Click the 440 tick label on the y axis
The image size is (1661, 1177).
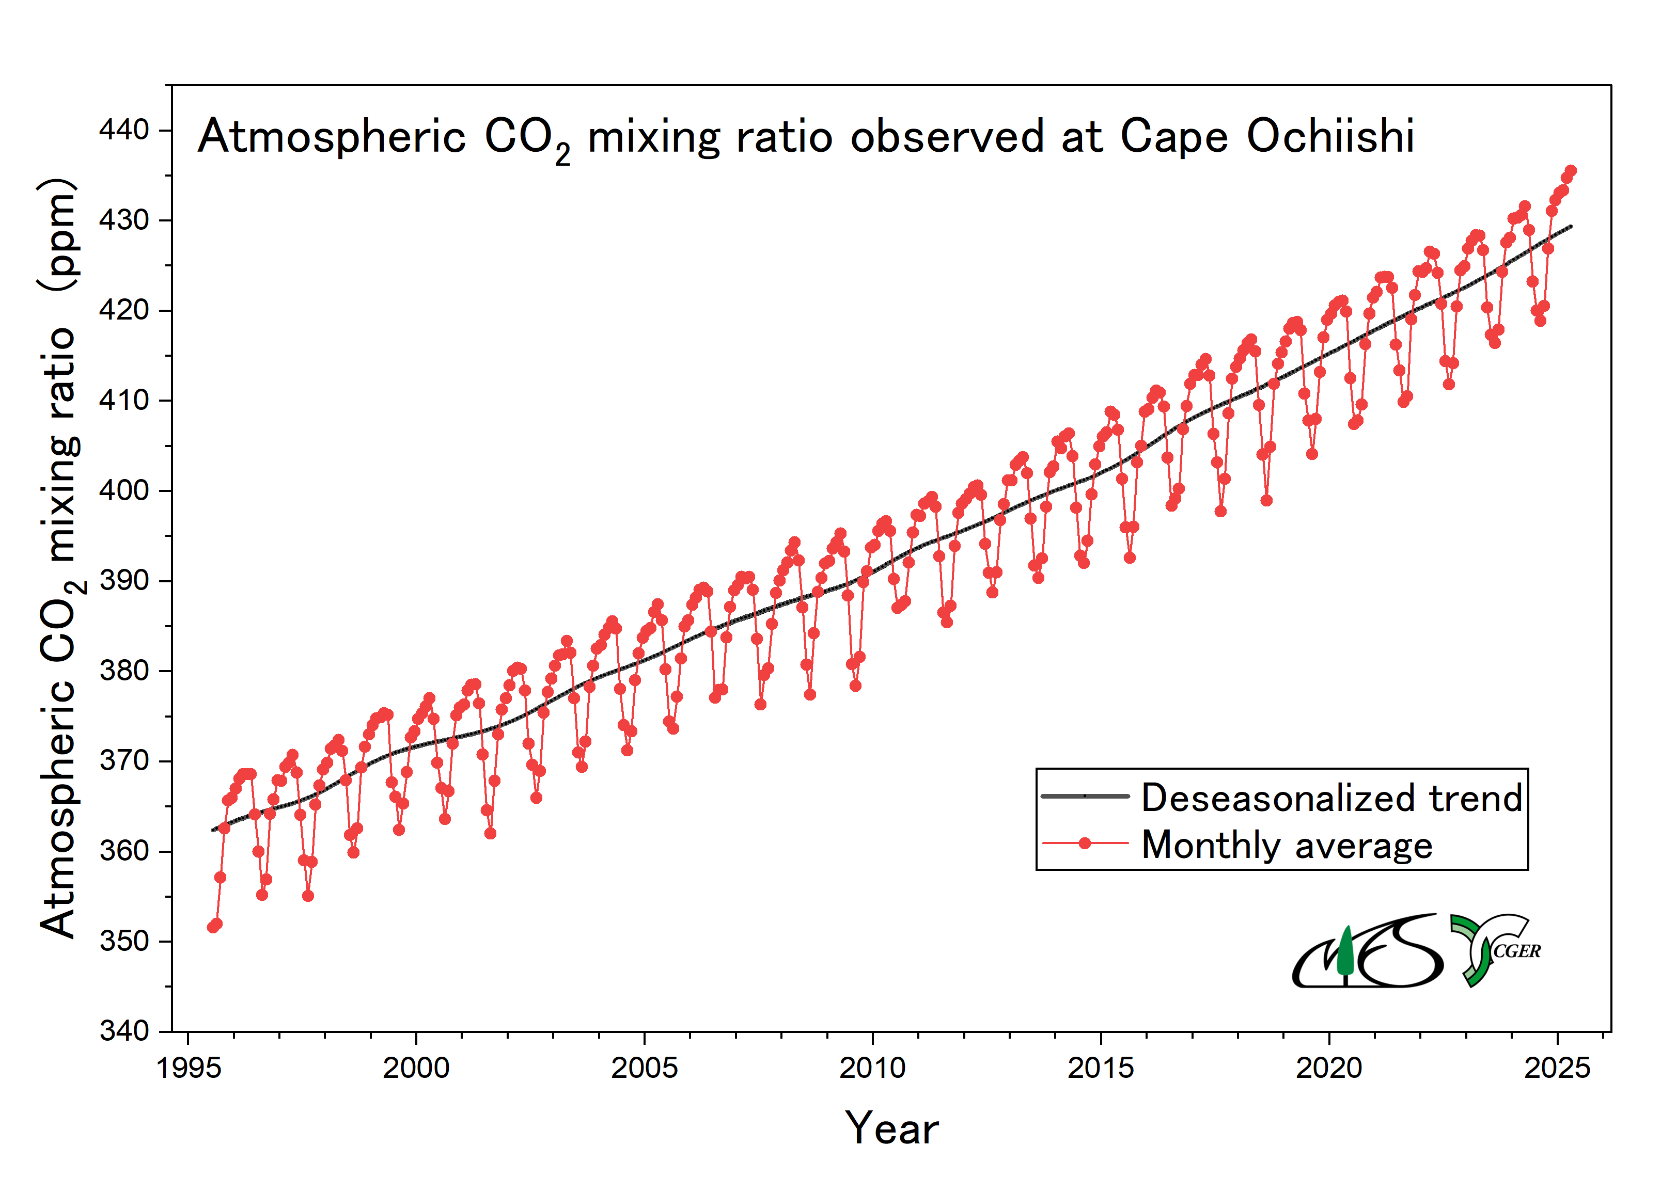pos(124,131)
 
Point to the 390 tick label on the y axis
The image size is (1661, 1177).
pos(124,581)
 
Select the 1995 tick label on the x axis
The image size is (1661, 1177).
pos(189,1068)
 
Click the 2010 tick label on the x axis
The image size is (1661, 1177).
pos(872,1068)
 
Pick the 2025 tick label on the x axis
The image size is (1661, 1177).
pos(1557,1068)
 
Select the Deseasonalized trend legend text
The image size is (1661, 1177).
pos(1332,798)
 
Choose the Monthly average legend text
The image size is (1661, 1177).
pos(1287,845)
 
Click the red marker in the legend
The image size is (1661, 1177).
pos(1085,844)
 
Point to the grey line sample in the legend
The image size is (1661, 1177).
pos(1085,796)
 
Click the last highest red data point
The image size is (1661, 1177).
pos(1571,171)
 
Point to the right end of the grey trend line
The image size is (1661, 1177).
pos(1571,227)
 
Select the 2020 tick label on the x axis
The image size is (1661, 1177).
pos(1328,1068)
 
